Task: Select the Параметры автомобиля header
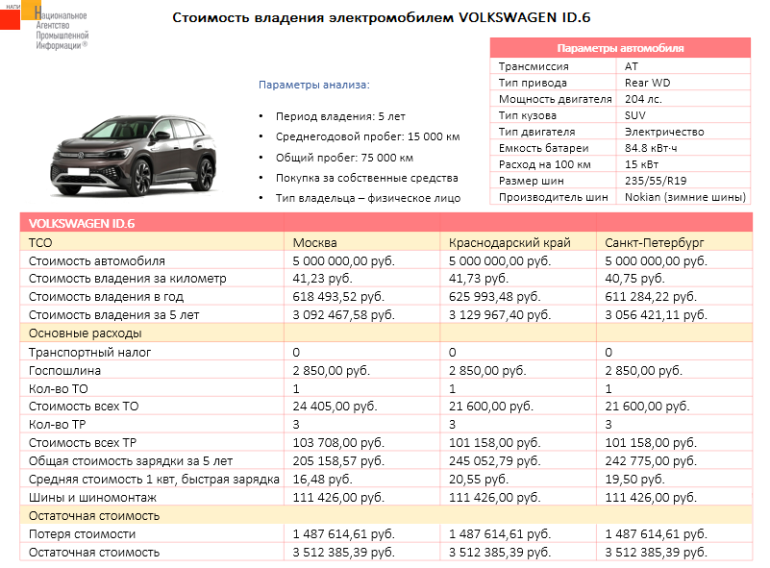(620, 48)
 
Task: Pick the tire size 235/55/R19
(656, 181)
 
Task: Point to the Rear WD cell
(648, 83)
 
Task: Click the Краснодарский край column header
(509, 242)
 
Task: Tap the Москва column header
(315, 242)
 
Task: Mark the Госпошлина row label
(62, 370)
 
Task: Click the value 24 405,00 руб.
(338, 407)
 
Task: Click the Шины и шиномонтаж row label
(92, 498)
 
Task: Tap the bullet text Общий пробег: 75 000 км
(344, 158)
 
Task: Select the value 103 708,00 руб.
(339, 443)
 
